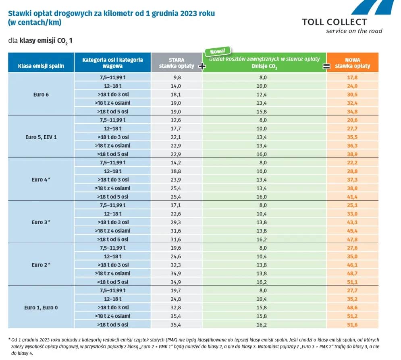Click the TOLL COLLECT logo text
coord(334,22)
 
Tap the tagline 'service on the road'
coord(354,31)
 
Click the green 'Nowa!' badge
coord(218,52)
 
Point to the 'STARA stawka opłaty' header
coord(176,63)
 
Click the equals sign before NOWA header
coord(326,66)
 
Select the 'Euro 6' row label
coord(41,94)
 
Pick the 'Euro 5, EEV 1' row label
coord(41,137)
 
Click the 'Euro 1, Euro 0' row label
coord(41,308)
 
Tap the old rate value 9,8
coord(177,77)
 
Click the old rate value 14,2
coord(177,163)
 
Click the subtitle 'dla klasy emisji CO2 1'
coord(40,41)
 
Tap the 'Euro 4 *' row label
coord(41,180)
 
